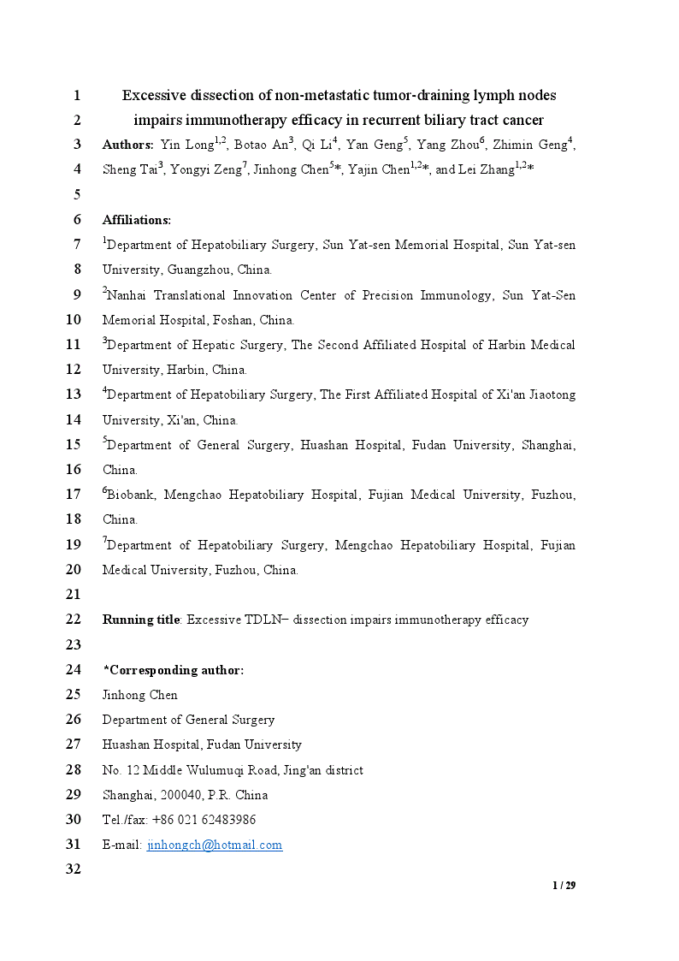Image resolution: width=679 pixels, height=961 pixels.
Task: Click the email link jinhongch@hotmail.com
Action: tap(215, 845)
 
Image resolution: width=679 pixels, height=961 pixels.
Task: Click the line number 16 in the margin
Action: tap(73, 469)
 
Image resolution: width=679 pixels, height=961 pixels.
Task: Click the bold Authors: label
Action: tap(128, 145)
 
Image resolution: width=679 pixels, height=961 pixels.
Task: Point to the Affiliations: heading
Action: tap(137, 220)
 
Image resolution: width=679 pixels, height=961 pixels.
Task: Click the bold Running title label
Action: tap(141, 620)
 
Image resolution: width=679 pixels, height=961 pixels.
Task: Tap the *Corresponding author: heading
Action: tap(173, 670)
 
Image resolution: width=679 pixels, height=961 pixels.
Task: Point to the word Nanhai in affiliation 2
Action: tap(128, 295)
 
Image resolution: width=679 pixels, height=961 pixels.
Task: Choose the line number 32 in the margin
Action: tap(73, 869)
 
